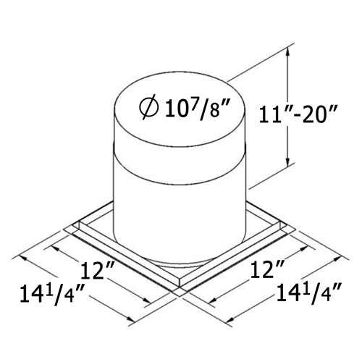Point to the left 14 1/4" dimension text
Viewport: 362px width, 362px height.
[54, 295]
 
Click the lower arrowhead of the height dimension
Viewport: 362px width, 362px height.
[287, 164]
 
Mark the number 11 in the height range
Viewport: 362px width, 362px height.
[271, 114]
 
